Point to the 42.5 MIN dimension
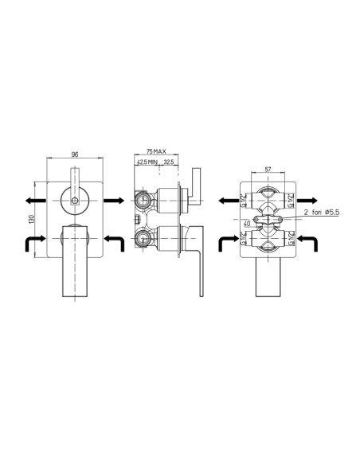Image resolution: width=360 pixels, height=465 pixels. tap(146, 162)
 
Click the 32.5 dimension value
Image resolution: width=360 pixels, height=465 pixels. tap(168, 162)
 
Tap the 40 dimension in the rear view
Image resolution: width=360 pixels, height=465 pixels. tap(248, 224)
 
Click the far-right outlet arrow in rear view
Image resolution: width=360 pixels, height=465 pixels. tap(312, 200)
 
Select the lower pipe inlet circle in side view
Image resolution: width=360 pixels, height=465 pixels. tap(143, 236)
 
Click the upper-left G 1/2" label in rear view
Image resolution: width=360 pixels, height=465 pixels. tap(245, 199)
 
